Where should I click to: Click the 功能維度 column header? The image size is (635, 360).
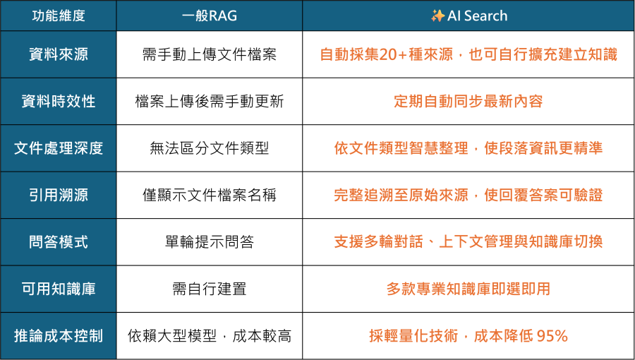click(59, 16)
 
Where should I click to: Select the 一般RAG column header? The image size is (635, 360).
click(210, 16)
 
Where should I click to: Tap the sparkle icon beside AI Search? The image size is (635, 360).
click(437, 16)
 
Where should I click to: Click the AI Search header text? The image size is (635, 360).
click(478, 16)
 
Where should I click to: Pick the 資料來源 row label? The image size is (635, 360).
click(59, 54)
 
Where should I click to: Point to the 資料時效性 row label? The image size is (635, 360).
click(59, 101)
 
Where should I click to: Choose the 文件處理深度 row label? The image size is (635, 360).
click(59, 148)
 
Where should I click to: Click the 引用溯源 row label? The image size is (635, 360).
click(59, 195)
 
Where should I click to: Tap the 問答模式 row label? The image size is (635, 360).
click(59, 242)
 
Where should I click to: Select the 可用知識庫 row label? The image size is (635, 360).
click(59, 289)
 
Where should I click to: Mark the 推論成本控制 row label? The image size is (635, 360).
click(59, 336)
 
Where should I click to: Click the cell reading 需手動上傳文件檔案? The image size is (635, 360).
click(210, 54)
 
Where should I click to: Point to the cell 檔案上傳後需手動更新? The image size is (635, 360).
click(210, 101)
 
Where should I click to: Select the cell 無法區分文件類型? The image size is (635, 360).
click(210, 148)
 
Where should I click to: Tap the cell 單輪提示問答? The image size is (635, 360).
click(210, 242)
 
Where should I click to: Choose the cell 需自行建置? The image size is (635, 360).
click(210, 289)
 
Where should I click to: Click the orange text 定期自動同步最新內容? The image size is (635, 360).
click(468, 101)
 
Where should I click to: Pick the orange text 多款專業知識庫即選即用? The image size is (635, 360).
click(468, 289)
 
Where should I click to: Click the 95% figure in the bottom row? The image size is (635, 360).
click(552, 336)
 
